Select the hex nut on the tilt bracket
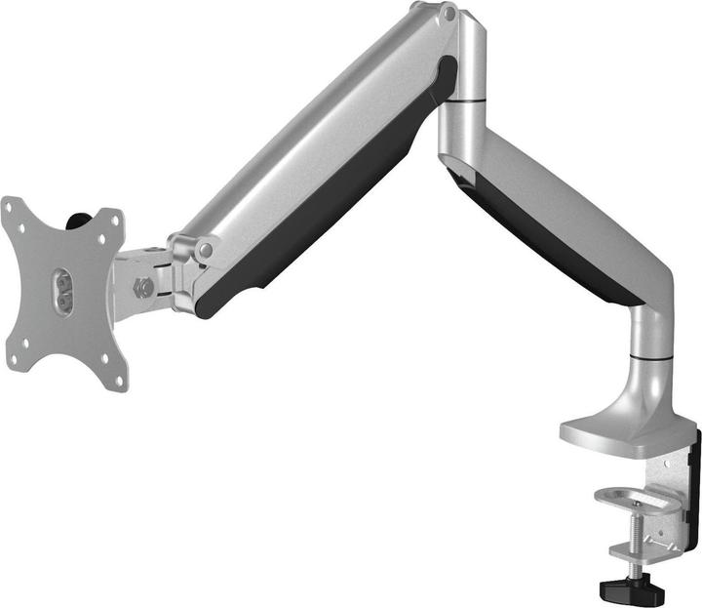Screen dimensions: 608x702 [144, 287]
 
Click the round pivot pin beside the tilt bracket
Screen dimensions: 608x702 [204, 251]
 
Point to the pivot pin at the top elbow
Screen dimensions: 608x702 [448, 14]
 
